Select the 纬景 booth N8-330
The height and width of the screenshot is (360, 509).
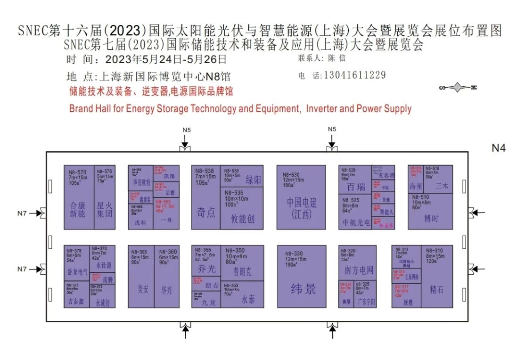[302, 277]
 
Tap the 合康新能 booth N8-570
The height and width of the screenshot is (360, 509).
[79, 197]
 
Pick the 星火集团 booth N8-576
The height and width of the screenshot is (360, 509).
[104, 197]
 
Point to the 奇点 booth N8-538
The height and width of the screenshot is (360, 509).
[206, 197]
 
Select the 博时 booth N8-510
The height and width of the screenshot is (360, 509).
[430, 211]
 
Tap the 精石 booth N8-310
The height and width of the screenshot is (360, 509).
[437, 277]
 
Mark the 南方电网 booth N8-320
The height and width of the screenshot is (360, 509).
[358, 262]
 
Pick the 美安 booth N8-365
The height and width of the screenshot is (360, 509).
[141, 277]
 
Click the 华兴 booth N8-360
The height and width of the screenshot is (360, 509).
[167, 277]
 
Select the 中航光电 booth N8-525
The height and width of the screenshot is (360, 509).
[355, 212]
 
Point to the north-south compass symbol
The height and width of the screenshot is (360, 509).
[458, 88]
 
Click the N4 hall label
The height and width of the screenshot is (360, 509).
[498, 148]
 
